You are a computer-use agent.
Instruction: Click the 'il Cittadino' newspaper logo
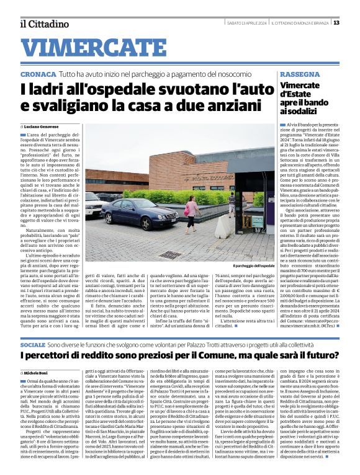coord(43,24)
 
